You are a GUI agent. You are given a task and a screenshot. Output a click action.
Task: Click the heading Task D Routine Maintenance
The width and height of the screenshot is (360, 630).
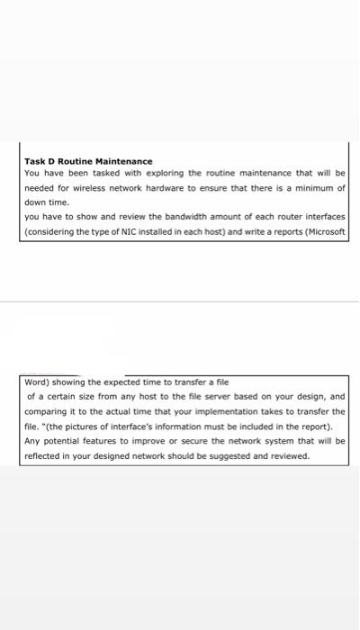[88, 160]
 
